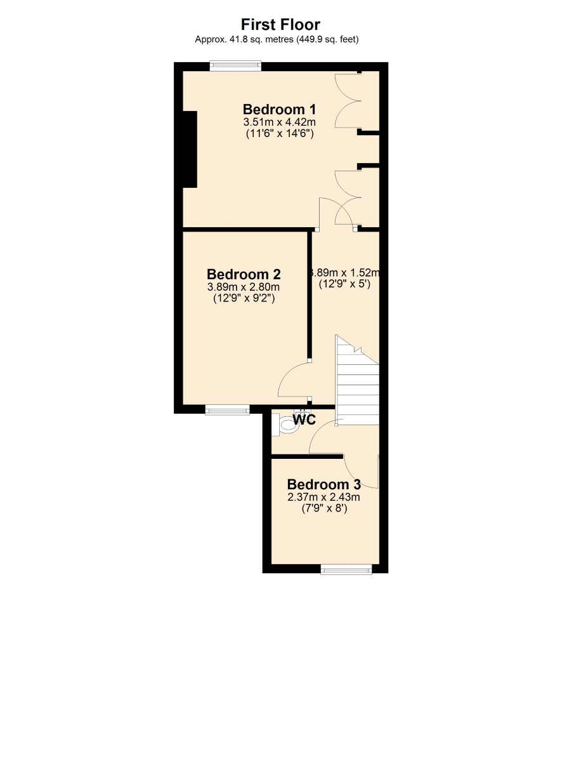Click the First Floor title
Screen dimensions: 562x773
pos(280,25)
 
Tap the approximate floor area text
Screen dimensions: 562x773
pos(277,39)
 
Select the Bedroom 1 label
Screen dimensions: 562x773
pos(279,109)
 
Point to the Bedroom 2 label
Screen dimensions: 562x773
pos(244,274)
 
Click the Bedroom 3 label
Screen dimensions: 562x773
pos(323,484)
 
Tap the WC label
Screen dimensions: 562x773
pos(304,420)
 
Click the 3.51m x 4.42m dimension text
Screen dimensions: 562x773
pos(280,122)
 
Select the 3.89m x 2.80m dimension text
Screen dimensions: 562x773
pos(243,287)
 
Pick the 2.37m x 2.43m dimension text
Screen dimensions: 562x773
pos(323,497)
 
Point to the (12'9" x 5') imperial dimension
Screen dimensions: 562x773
pos(344,284)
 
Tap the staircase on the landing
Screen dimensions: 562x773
pos(357,380)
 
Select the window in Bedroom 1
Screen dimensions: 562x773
pos(235,66)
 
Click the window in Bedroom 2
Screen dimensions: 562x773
pos(227,409)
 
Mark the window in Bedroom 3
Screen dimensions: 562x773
pos(346,569)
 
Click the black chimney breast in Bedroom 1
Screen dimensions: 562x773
pos(190,149)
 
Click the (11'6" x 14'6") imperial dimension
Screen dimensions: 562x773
pos(280,133)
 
